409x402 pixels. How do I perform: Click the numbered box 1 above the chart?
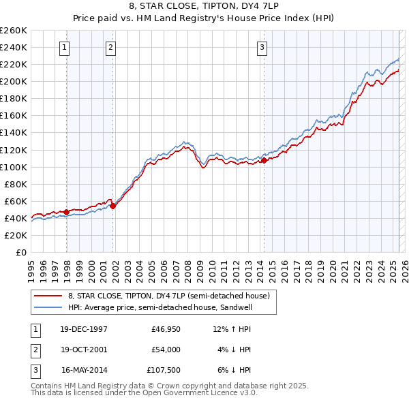63,47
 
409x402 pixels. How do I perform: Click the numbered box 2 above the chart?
110,47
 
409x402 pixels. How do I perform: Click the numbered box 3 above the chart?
262,47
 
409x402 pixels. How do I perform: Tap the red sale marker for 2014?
264,161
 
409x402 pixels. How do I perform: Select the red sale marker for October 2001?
113,206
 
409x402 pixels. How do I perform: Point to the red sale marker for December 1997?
66,212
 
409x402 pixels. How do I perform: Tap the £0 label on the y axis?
21,252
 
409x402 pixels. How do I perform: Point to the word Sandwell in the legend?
254,307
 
